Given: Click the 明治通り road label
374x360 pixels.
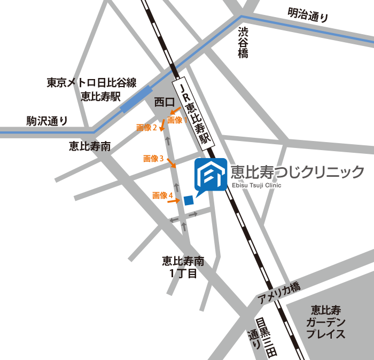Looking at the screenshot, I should [x=308, y=14].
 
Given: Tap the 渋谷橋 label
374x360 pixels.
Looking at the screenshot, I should [x=244, y=42].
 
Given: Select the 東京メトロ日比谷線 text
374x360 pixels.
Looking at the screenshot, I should [x=91, y=83].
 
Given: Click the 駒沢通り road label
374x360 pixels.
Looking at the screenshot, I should [x=48, y=121].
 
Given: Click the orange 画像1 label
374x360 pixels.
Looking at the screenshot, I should [x=177, y=120].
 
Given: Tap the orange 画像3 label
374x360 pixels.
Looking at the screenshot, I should [x=153, y=159].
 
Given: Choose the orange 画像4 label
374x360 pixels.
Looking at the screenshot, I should [x=162, y=196].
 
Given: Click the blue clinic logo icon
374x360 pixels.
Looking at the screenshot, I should [x=211, y=174].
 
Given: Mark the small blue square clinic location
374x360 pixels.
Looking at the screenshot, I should [x=188, y=200].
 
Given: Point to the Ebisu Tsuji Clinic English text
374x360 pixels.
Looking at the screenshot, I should [x=256, y=185].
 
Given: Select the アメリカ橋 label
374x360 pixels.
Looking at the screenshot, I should [x=278, y=293].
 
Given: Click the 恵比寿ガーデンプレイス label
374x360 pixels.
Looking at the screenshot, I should [x=326, y=322].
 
